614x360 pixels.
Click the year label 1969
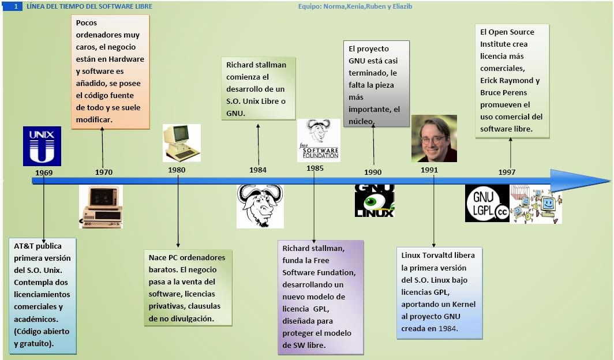click(43, 172)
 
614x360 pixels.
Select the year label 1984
click(258, 170)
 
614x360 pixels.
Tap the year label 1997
click(507, 172)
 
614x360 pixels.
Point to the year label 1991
click(429, 170)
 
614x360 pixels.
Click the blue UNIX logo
click(42, 146)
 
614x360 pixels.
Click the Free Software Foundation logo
click(319, 140)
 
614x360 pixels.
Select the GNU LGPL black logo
click(487, 203)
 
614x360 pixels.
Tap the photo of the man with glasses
click(434, 138)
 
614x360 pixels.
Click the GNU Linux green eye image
click(374, 201)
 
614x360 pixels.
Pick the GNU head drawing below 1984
click(260, 206)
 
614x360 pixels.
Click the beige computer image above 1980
click(181, 142)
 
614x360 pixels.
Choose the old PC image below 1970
click(101, 207)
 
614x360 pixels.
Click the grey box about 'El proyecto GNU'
click(376, 84)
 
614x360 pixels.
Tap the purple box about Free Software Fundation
click(320, 297)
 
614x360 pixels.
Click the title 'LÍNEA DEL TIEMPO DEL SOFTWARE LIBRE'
click(89, 6)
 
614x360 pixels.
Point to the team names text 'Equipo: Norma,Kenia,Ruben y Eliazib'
click(355, 6)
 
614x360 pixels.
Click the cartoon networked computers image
click(536, 204)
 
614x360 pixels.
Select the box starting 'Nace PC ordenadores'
click(188, 287)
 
